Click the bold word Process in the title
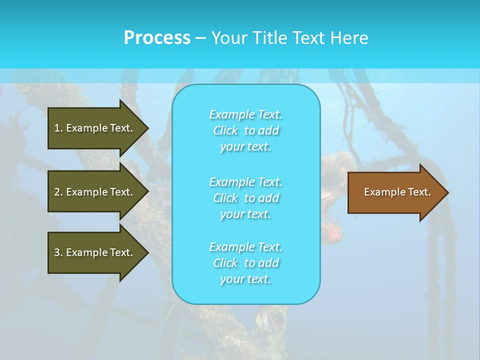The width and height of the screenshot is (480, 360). (157, 38)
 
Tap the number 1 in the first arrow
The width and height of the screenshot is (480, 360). (57, 128)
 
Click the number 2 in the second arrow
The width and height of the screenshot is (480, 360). (57, 192)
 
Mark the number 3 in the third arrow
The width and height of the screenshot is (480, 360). (57, 252)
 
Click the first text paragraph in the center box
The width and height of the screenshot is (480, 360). (246, 130)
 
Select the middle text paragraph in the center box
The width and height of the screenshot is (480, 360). (246, 198)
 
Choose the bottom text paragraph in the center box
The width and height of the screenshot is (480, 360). (246, 263)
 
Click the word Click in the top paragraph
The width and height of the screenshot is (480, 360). (225, 130)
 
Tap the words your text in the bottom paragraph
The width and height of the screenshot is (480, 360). (245, 279)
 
